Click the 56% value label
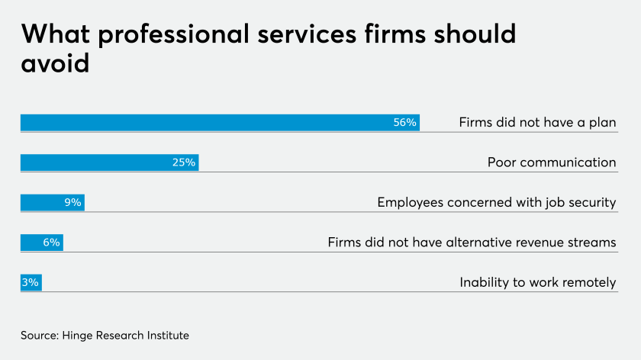404,122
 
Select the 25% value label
184,162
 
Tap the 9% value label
72,202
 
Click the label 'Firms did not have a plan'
537,122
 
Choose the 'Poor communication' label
551,162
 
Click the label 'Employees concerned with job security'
496,202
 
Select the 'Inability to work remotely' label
537,282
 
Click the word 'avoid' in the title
55,63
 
